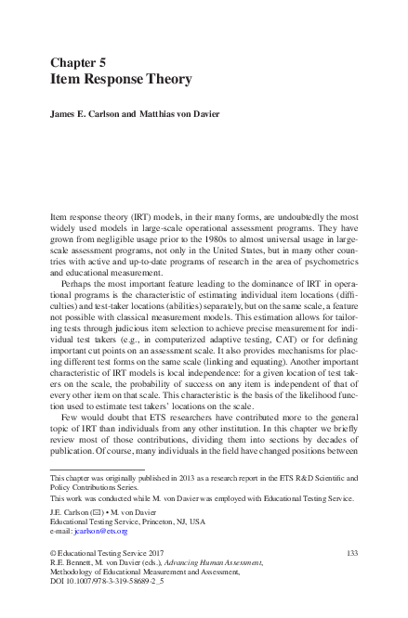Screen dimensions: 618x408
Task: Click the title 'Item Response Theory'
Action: coord(120,80)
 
